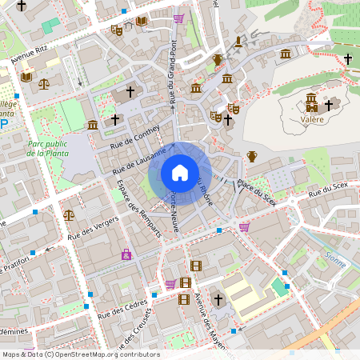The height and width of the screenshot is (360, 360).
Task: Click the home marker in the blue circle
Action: pyautogui.click(x=179, y=172)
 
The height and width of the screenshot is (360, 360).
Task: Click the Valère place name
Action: pyautogui.click(x=311, y=119)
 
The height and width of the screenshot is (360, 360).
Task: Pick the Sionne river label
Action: pyautogui.click(x=336, y=258)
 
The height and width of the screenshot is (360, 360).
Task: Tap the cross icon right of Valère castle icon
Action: pyautogui.click(x=328, y=104)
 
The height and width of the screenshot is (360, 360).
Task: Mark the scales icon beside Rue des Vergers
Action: pyautogui.click(x=69, y=214)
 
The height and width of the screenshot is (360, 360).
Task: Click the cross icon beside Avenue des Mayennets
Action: pyautogui.click(x=218, y=299)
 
